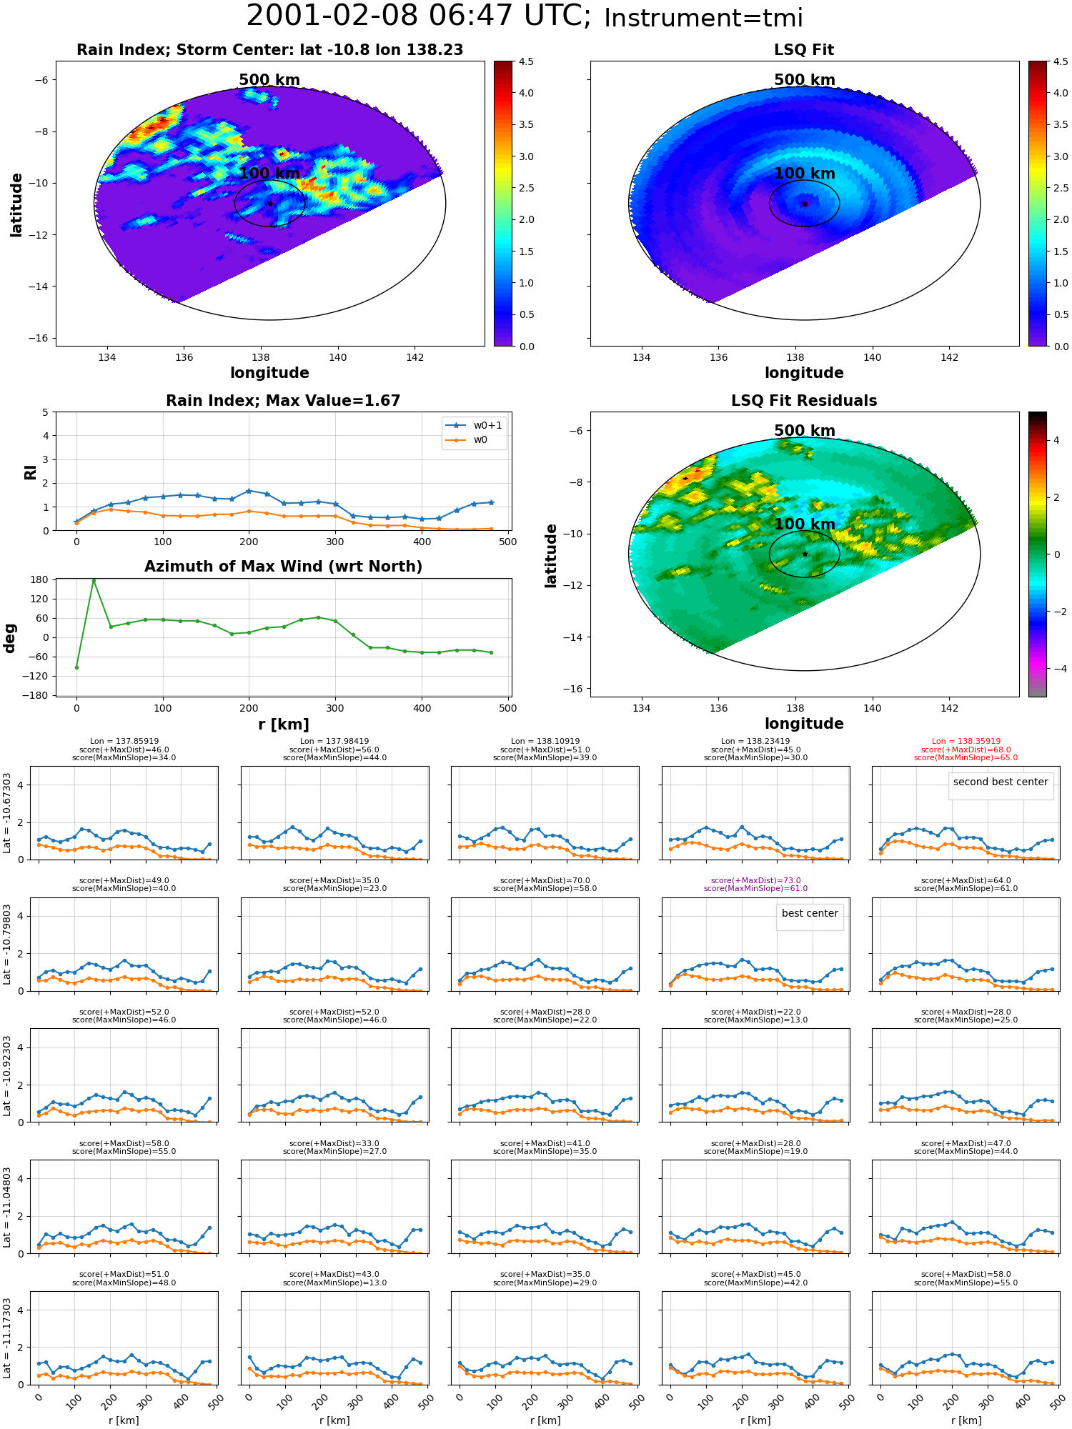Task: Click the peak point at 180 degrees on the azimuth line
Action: point(94,580)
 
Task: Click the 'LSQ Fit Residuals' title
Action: point(804,401)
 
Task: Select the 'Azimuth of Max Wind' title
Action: point(283,567)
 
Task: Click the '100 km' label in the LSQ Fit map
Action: point(805,174)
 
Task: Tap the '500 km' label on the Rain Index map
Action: point(269,80)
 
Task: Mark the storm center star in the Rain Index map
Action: point(270,204)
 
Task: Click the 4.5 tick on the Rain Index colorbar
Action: point(526,61)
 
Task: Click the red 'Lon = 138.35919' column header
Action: point(966,742)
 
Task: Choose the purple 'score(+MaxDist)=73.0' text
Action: point(755,881)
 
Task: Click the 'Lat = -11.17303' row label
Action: point(7,1338)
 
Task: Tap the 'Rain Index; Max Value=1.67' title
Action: point(283,401)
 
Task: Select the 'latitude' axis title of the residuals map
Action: point(551,556)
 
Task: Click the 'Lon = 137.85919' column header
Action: point(124,742)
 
